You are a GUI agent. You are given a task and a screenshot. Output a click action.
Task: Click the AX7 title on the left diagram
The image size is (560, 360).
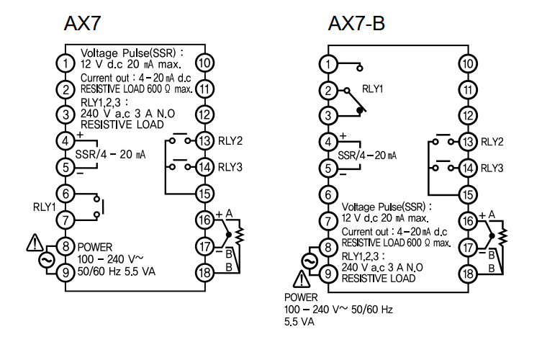coord(83,23)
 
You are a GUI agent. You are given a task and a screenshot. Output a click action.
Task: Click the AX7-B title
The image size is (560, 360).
coord(356,23)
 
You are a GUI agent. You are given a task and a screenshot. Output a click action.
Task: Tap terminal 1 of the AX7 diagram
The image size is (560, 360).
coord(66,63)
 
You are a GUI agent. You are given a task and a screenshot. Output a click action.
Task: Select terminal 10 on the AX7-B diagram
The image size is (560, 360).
coord(468,64)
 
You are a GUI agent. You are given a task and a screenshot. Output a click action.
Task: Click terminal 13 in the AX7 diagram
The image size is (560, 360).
coord(204,140)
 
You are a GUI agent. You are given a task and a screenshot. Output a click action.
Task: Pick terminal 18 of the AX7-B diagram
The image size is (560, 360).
coord(468,274)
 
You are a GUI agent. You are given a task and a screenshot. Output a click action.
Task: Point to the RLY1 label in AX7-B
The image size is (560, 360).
coord(373,89)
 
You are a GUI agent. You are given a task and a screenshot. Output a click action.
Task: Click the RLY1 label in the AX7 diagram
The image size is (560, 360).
coord(45,207)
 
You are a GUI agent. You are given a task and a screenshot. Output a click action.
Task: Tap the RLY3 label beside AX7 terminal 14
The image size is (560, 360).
coord(230,167)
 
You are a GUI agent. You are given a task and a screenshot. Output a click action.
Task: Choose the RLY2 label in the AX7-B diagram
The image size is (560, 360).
coord(492,142)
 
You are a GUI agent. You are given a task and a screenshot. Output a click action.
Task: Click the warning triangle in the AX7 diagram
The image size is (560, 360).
coord(35,242)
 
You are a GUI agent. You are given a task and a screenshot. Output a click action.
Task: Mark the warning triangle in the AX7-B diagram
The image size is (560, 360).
coord(302,279)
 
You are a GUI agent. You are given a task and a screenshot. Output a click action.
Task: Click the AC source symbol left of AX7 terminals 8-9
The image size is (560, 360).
coord(47,260)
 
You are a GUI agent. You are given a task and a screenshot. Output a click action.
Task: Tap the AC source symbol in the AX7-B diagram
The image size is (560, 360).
coord(310,261)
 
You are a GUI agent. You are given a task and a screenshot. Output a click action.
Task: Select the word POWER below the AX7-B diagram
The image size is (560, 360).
coord(301,297)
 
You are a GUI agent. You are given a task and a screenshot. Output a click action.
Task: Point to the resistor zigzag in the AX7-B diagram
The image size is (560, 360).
coord(503,234)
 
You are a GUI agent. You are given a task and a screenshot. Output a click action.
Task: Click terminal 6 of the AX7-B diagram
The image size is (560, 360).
coord(328,194)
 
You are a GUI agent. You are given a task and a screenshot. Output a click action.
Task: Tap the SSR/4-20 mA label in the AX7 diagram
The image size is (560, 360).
coord(110,154)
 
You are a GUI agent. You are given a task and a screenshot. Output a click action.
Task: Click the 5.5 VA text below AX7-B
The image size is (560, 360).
coord(299,322)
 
